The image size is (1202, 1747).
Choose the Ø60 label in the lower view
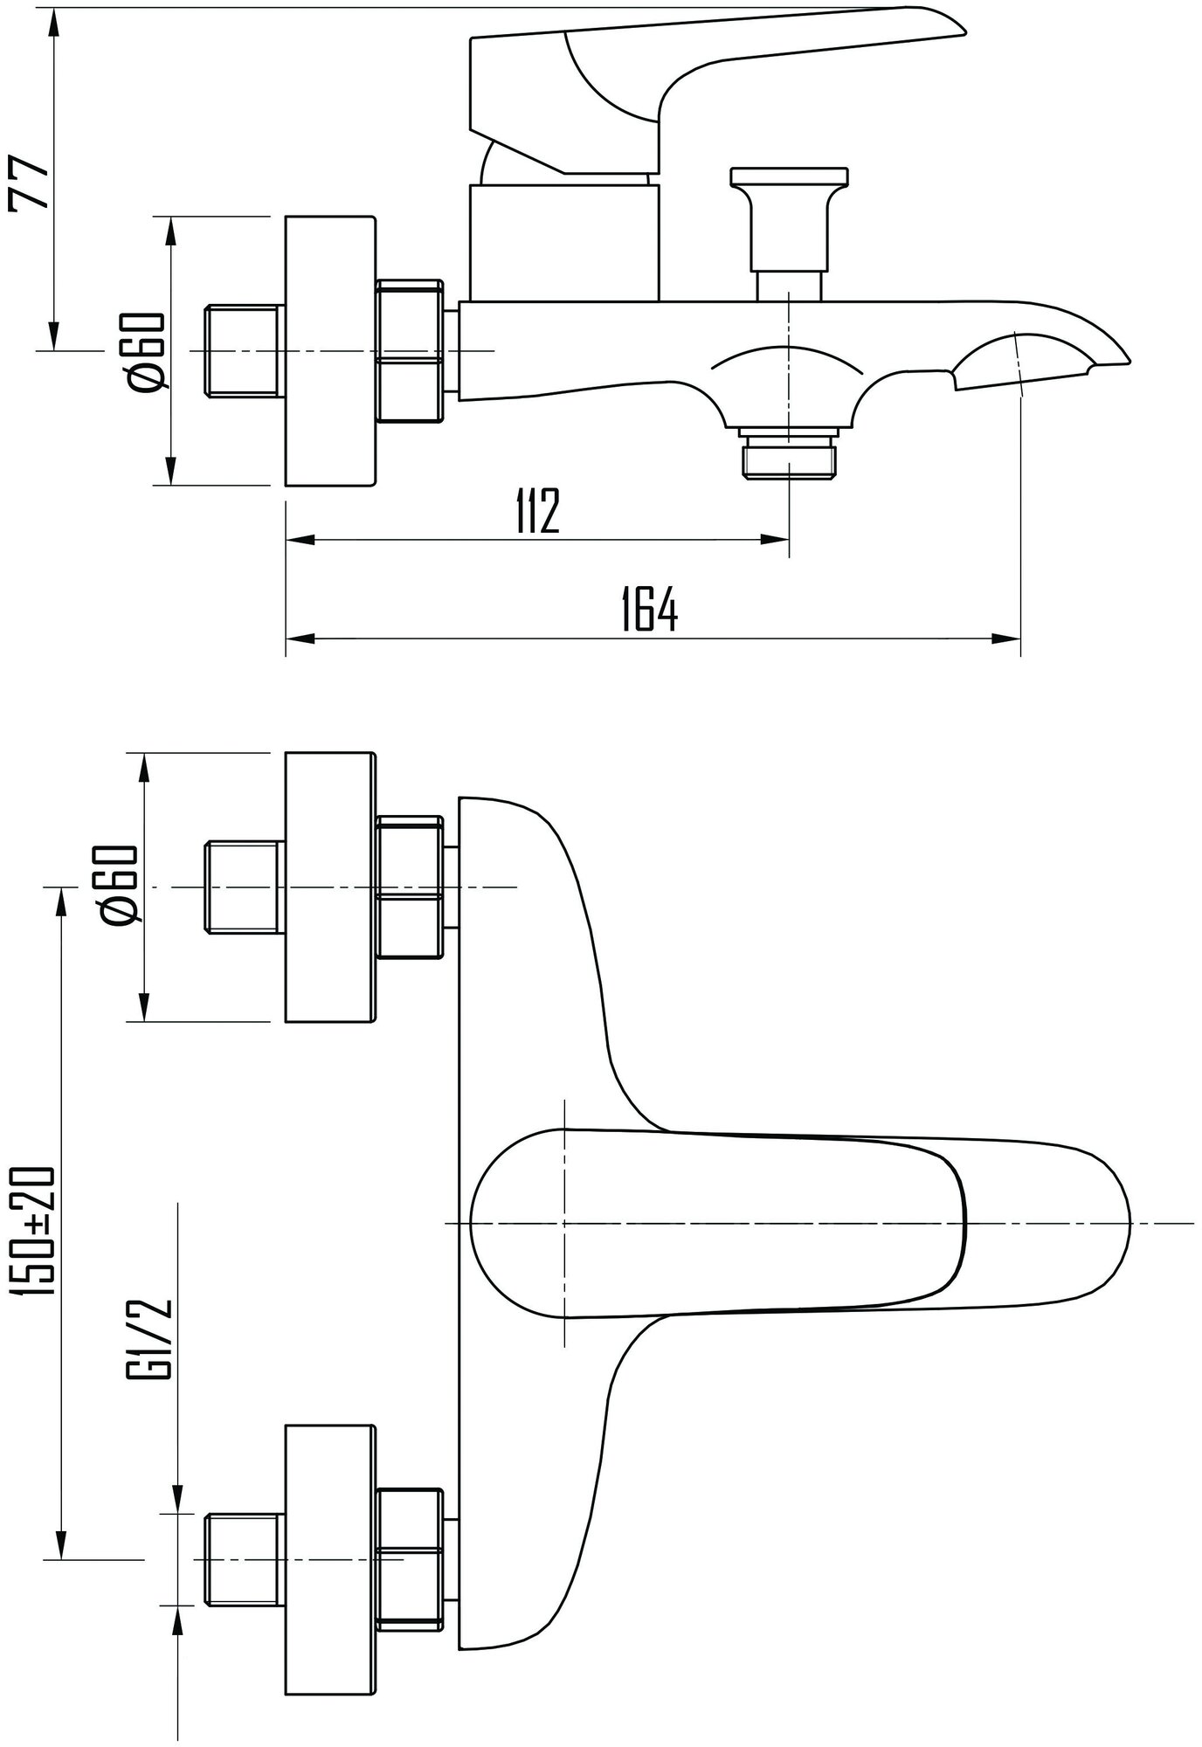[120, 884]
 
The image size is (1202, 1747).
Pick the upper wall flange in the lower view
[330, 886]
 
